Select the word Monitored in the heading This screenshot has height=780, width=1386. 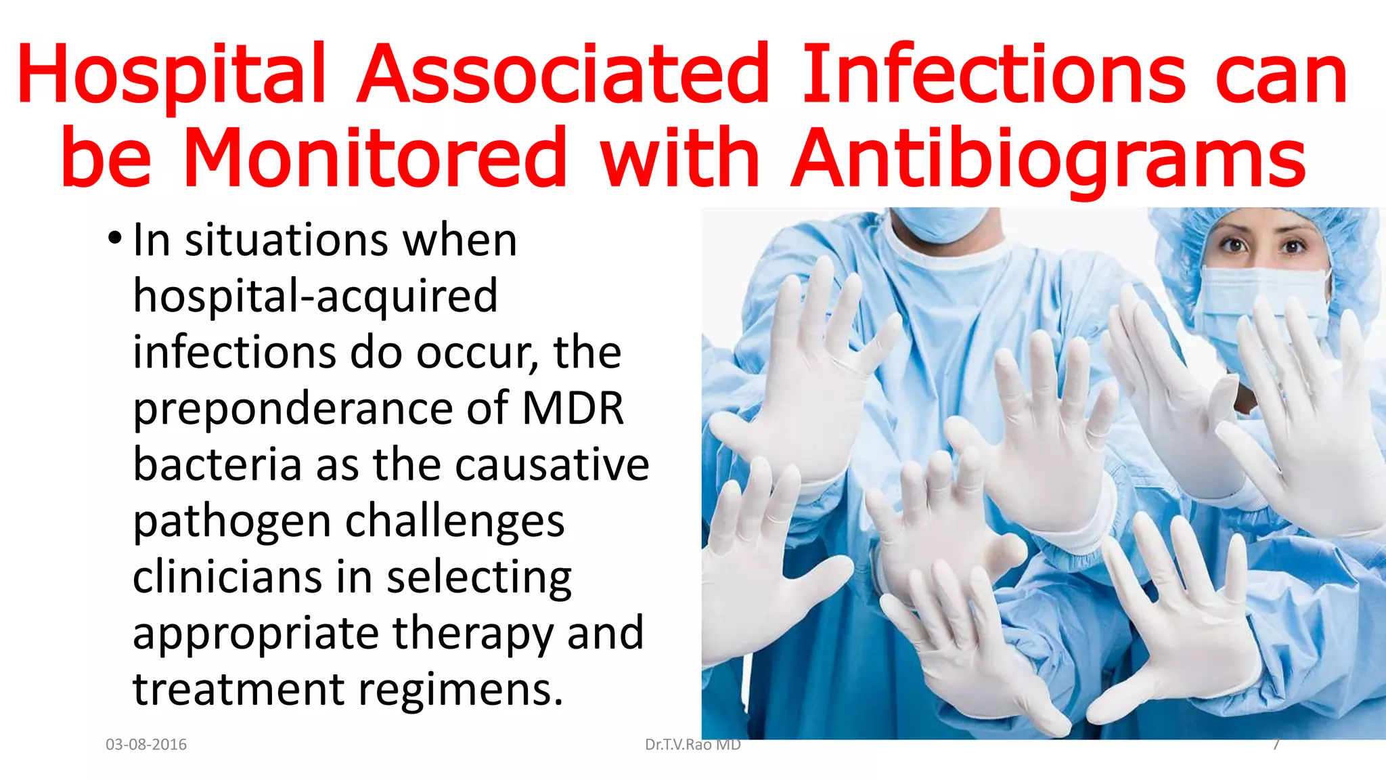click(x=374, y=158)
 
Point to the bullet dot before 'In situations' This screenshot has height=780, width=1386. click(x=115, y=239)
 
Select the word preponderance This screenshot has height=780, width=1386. click(x=293, y=409)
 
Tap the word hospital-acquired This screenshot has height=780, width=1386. click(x=315, y=296)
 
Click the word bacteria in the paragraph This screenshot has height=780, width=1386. click(x=217, y=464)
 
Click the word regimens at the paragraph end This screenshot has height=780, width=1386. click(x=460, y=690)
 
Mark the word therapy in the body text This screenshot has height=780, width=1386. click(x=473, y=634)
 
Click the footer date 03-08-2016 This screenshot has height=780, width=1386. click(x=146, y=745)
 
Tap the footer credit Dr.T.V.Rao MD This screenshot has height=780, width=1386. click(x=692, y=745)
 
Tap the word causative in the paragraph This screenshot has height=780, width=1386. click(x=552, y=464)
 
